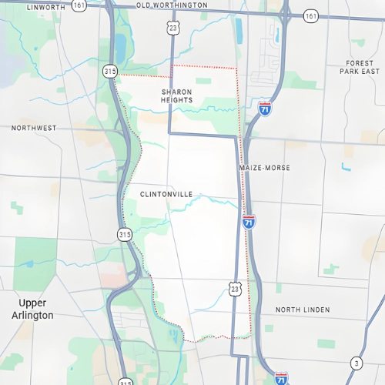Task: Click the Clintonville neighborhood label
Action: tap(166, 195)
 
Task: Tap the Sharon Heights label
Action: tap(176, 95)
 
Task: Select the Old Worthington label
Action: tap(172, 5)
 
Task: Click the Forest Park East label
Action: tap(360, 67)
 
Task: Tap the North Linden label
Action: tap(303, 310)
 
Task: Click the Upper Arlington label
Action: tap(37, 310)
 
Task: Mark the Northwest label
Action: tap(34, 128)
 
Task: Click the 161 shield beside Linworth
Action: tap(79, 5)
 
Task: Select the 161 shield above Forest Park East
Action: tap(310, 15)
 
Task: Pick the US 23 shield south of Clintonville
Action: tap(235, 287)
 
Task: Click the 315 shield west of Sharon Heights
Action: tap(111, 71)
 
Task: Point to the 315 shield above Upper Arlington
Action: tap(125, 234)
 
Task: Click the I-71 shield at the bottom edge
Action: tap(282, 378)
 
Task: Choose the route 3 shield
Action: tap(356, 363)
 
